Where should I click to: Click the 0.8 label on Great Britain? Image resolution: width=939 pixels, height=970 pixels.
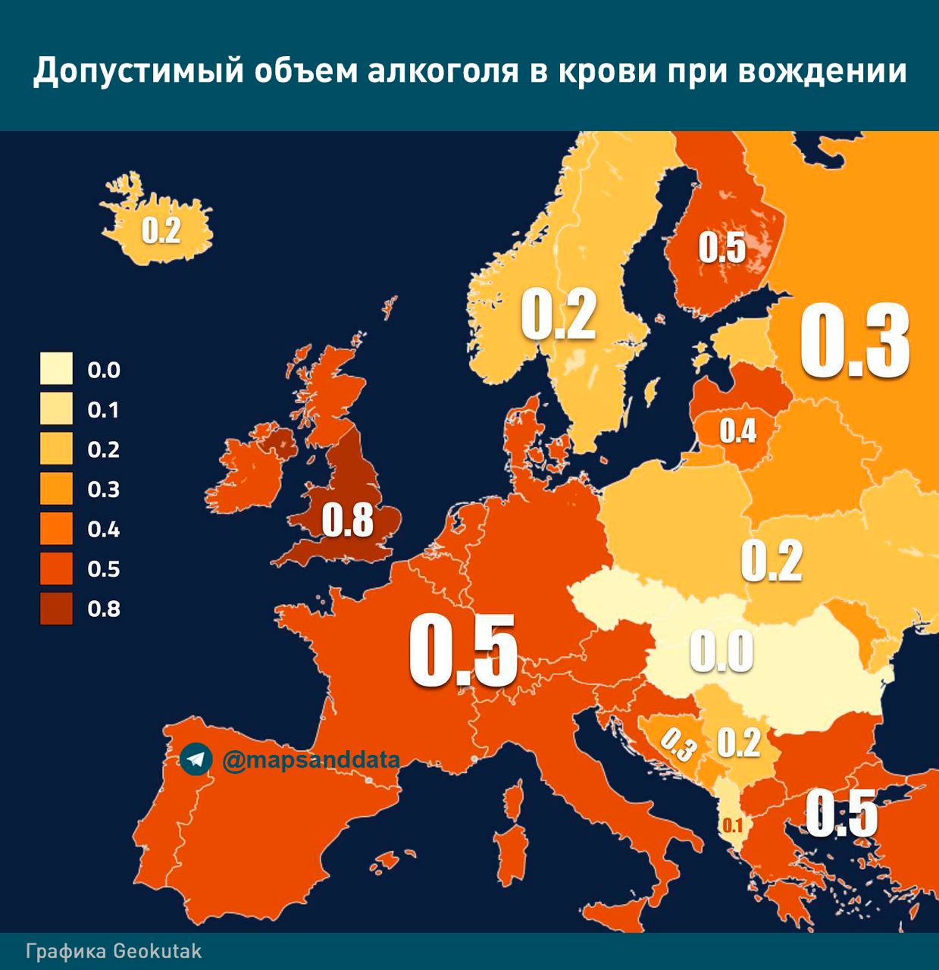pyautogui.click(x=348, y=521)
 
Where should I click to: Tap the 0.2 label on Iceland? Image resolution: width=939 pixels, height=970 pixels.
pyautogui.click(x=161, y=230)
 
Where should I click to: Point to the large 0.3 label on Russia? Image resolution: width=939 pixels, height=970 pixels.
pyautogui.click(x=855, y=341)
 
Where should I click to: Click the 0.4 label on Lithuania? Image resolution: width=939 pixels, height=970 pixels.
pyautogui.click(x=737, y=430)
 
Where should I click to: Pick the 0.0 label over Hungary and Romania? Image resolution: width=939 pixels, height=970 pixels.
pyautogui.click(x=721, y=652)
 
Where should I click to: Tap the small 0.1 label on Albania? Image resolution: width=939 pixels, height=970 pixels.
pyautogui.click(x=733, y=825)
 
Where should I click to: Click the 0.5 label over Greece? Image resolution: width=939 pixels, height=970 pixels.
pyautogui.click(x=840, y=813)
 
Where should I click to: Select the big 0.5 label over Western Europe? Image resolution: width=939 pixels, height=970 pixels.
pyautogui.click(x=463, y=650)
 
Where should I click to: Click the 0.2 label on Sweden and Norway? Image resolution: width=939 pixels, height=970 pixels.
pyautogui.click(x=559, y=315)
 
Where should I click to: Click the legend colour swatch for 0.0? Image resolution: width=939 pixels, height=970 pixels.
pyautogui.click(x=57, y=370)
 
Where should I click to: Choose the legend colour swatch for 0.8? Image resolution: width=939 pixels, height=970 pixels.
pyautogui.click(x=57, y=609)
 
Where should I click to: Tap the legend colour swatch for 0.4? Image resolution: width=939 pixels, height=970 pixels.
pyautogui.click(x=57, y=529)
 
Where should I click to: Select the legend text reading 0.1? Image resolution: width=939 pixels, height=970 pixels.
pyautogui.click(x=104, y=410)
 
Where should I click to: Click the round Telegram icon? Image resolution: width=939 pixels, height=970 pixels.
pyautogui.click(x=196, y=759)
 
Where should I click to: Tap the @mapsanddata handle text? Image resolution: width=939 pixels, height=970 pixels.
pyautogui.click(x=311, y=759)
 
